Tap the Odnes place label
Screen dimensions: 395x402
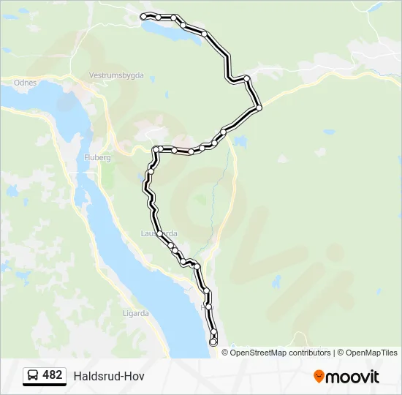pyautogui.click(x=26, y=83)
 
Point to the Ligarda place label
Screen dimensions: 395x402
pyautogui.click(x=135, y=314)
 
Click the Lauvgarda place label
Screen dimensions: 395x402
pyautogui.click(x=159, y=233)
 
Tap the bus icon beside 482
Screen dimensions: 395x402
pyautogui.click(x=33, y=376)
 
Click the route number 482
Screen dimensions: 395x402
pyautogui.click(x=53, y=375)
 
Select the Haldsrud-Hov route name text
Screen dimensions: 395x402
pyautogui.click(x=109, y=376)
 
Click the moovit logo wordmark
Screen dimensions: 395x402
pyautogui.click(x=352, y=377)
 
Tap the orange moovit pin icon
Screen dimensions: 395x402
pyautogui.click(x=319, y=377)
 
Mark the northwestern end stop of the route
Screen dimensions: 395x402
pyautogui.click(x=143, y=16)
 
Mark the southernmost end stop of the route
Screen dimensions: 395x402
pyautogui.click(x=213, y=342)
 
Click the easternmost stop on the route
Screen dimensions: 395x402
pyautogui.click(x=259, y=108)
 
